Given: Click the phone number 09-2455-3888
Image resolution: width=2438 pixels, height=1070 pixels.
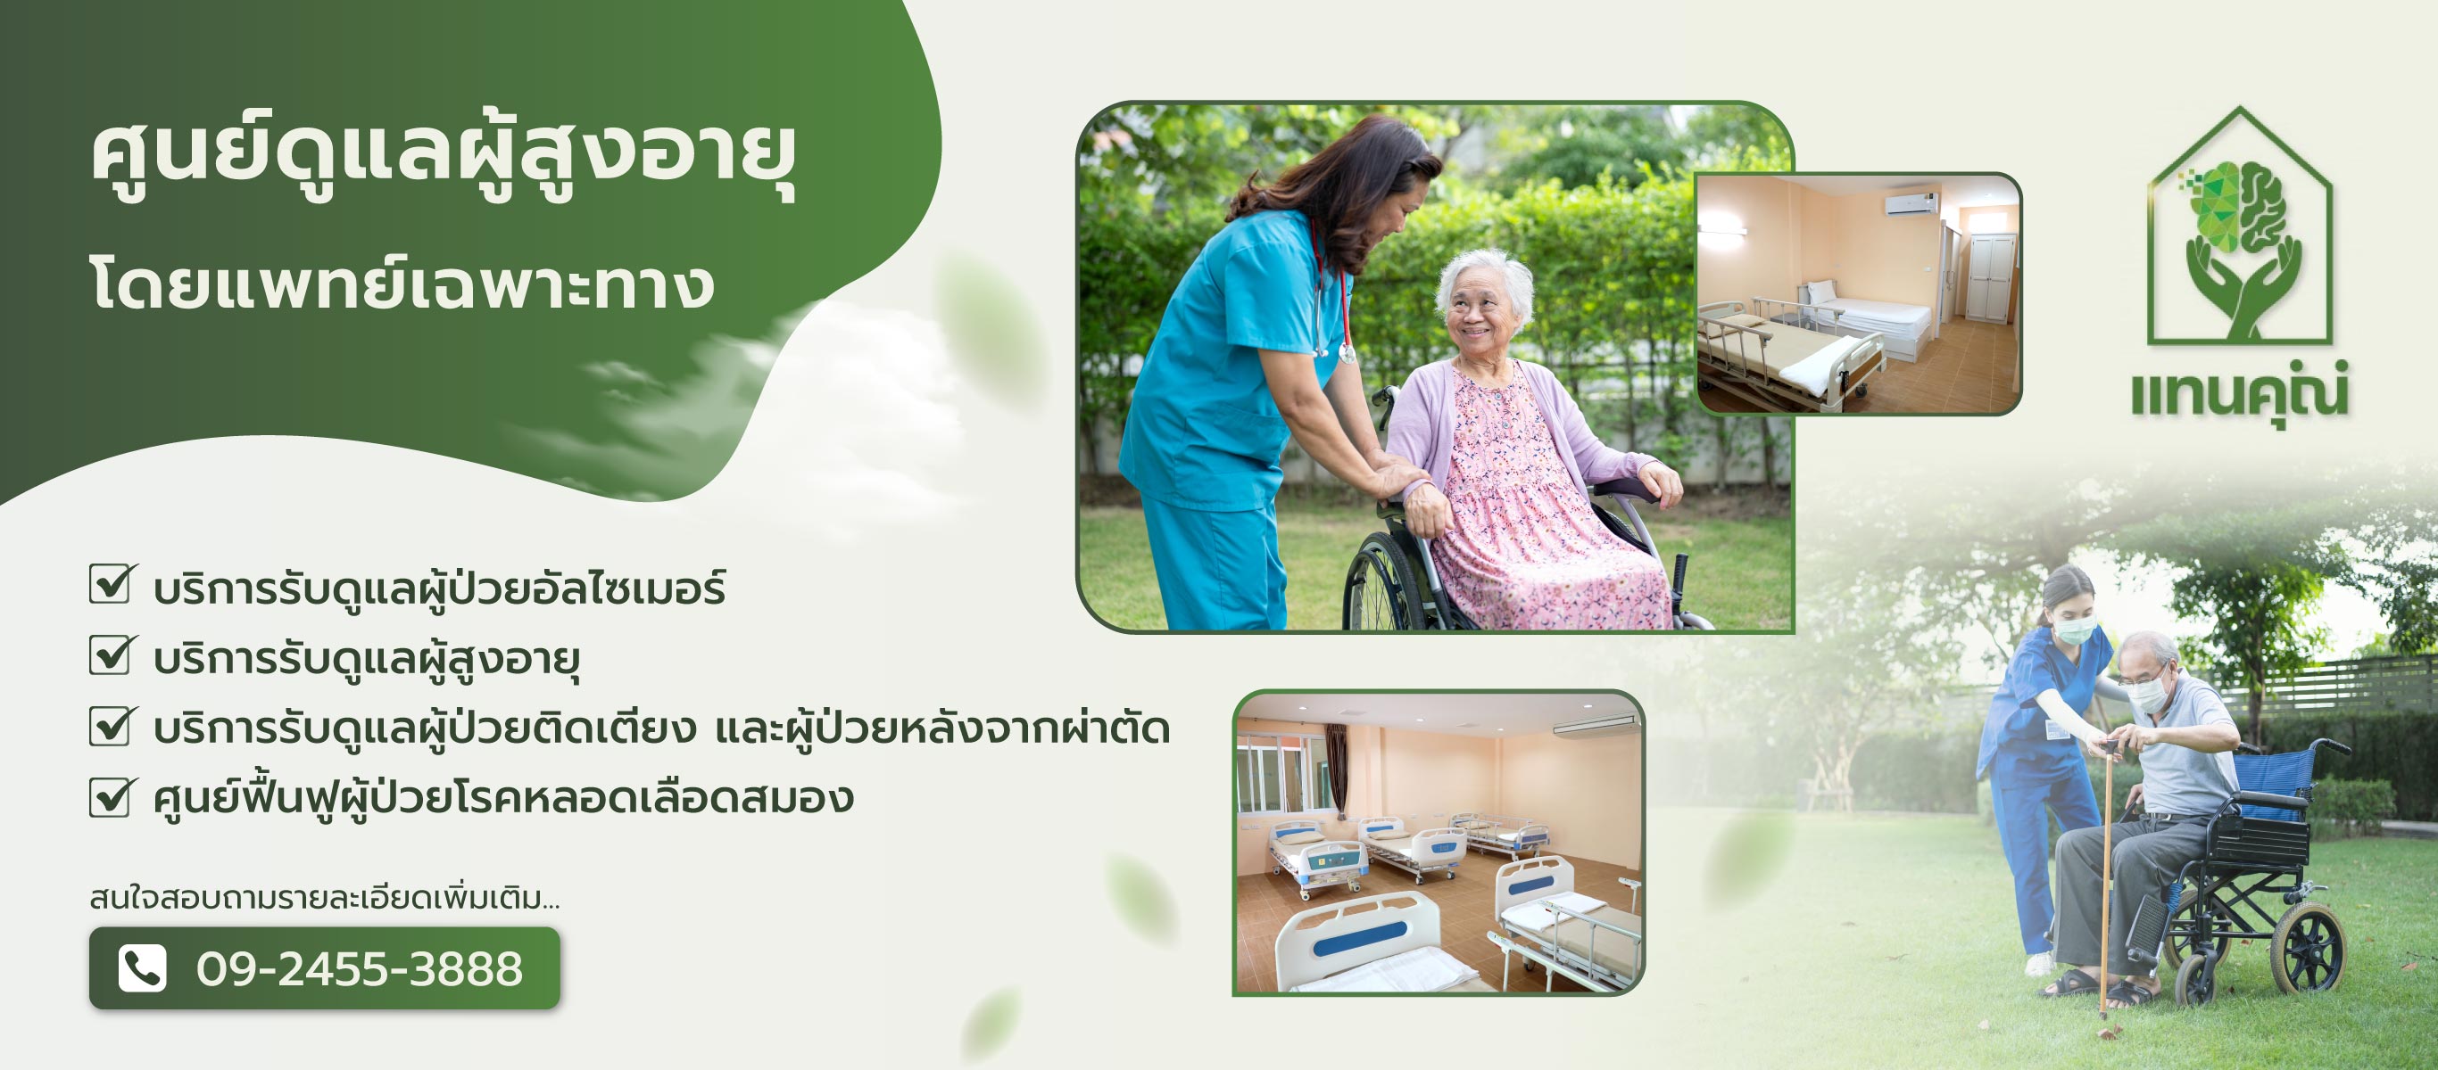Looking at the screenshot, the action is (360, 968).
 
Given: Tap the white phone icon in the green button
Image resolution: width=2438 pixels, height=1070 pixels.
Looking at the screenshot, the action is (142, 967).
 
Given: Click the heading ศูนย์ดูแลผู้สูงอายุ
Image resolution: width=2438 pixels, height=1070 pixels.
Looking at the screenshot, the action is (444, 158).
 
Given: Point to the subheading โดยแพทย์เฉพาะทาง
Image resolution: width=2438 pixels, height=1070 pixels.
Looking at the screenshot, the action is (402, 281).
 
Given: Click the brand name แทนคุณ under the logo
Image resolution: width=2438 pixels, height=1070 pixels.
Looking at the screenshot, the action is (2239, 392).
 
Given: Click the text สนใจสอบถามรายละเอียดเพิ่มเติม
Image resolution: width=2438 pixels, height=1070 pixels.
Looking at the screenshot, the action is (324, 897).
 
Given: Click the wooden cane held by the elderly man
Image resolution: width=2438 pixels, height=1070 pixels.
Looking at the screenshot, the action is (2106, 880).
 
